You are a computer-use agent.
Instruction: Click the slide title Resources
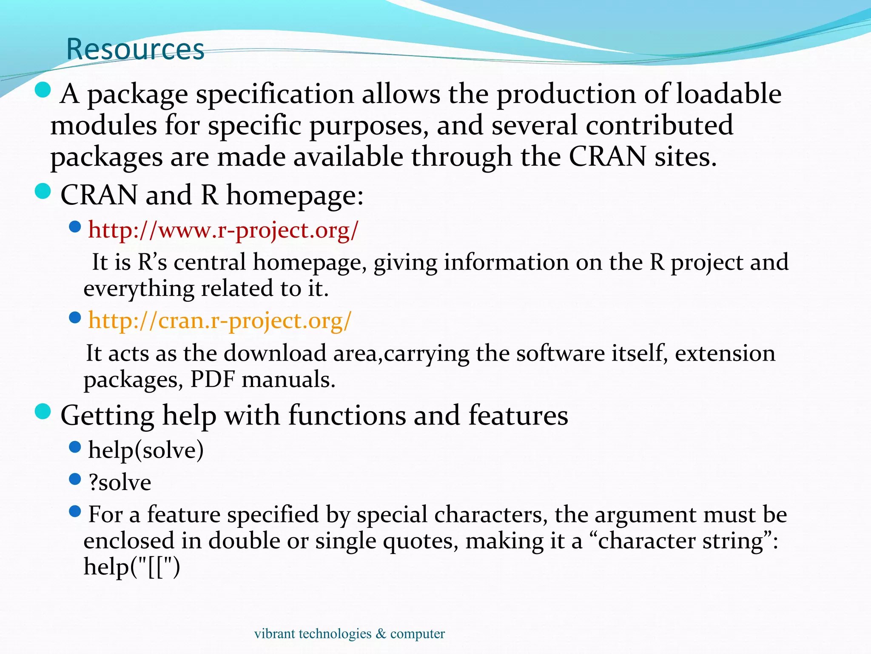[135, 49]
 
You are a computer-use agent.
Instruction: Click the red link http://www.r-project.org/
[223, 230]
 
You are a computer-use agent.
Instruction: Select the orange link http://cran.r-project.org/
[220, 321]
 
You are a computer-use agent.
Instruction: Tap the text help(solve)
[146, 450]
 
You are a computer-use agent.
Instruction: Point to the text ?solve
[120, 482]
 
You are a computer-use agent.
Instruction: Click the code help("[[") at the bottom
[132, 567]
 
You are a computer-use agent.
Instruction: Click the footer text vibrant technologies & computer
[349, 634]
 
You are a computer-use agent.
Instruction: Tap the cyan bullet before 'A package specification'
[43, 90]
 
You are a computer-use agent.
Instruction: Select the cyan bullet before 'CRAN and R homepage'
[43, 191]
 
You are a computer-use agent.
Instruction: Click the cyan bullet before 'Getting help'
[43, 412]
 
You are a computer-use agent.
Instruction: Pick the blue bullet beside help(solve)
[75, 447]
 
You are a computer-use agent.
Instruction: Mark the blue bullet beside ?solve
[75, 479]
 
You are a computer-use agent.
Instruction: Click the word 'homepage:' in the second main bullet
[295, 195]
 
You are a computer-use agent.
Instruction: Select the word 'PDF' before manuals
[212, 379]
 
